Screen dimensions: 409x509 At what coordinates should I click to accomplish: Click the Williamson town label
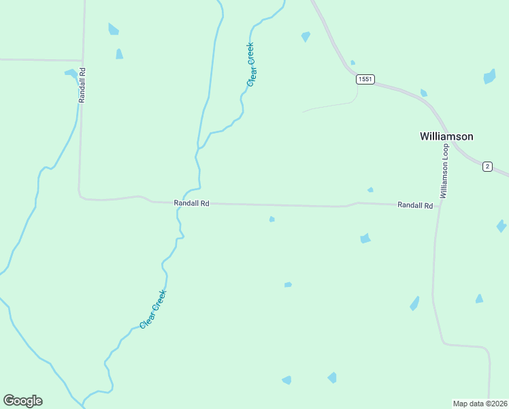[x=446, y=136]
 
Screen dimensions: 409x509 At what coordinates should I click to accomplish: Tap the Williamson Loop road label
[x=444, y=171]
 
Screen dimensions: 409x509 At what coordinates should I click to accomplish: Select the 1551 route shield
[x=365, y=80]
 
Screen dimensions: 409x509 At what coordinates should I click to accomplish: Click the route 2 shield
[x=487, y=166]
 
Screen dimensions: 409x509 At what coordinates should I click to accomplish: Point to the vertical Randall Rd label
[x=82, y=85]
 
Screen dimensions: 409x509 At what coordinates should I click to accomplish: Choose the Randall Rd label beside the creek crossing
[x=191, y=203]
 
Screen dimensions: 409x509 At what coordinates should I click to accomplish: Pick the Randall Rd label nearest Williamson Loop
[x=415, y=205]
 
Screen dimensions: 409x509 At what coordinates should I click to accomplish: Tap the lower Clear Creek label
[x=153, y=309]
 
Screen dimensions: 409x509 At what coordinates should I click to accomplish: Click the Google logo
[x=22, y=401]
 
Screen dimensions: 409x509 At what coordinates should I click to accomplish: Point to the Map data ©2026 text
[x=480, y=403]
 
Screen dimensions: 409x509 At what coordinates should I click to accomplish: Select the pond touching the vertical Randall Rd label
[x=71, y=73]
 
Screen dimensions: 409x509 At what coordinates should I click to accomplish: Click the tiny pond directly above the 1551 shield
[x=352, y=63]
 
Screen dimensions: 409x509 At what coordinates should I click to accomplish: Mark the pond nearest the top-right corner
[x=489, y=76]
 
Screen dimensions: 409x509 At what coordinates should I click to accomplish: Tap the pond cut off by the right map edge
[x=502, y=226]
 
